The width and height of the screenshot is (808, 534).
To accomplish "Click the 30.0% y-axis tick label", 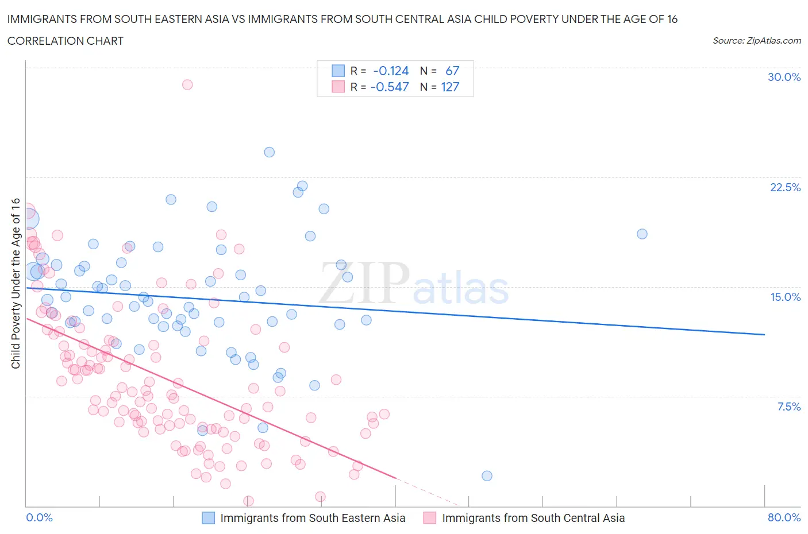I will (x=784, y=77).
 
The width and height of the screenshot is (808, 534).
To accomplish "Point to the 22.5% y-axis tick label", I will (x=785, y=187).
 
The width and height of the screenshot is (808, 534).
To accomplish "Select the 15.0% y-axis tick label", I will (x=785, y=297).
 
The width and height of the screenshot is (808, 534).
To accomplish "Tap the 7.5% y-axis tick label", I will (x=788, y=407).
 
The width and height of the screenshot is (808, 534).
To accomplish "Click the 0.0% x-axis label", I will (x=39, y=517).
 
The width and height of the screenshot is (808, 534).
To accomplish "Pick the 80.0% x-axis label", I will (x=784, y=517).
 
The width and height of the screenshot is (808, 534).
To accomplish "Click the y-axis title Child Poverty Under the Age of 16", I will (x=16, y=283).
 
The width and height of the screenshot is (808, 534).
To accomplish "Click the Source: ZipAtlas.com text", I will (x=756, y=41).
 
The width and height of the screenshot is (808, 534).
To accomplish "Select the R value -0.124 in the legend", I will (x=391, y=71).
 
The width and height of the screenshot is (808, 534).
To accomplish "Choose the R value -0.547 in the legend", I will (x=390, y=87).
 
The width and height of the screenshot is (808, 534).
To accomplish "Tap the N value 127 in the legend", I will (x=450, y=87).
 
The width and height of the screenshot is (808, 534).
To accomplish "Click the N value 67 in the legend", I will (x=452, y=71).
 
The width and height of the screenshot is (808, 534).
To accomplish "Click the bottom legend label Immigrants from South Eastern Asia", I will (x=313, y=518).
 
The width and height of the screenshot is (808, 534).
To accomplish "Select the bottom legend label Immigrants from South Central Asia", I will (x=533, y=518).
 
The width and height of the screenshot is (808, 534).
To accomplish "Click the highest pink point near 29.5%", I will (x=187, y=84).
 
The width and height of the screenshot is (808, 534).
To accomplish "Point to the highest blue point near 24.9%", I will (x=269, y=152).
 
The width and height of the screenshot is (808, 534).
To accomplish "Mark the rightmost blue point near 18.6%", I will (x=642, y=234).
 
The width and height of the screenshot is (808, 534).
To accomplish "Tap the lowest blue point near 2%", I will (x=487, y=475).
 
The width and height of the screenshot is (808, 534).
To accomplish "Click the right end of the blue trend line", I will (x=764, y=334).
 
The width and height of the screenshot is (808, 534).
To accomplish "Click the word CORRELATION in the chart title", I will (x=42, y=41).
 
